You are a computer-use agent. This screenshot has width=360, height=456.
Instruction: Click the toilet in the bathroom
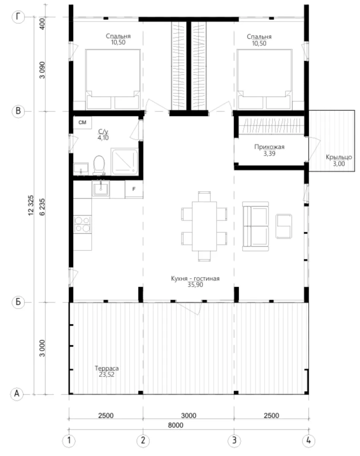click(99, 165)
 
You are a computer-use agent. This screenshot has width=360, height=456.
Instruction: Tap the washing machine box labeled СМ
click(82, 122)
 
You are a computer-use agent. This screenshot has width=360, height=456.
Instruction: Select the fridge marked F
click(134, 189)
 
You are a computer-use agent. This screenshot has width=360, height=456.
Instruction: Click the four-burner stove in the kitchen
click(82, 224)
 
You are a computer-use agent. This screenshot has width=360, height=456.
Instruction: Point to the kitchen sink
click(101, 189)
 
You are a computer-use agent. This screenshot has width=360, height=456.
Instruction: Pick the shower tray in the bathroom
click(125, 162)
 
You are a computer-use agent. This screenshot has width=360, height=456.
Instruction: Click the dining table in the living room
click(204, 226)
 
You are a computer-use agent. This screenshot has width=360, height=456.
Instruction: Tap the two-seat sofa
click(256, 226)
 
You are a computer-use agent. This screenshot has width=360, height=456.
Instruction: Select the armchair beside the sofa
click(284, 226)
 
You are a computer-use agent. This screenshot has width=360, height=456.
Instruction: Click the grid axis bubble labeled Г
click(18, 17)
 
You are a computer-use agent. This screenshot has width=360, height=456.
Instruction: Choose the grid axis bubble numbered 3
click(234, 440)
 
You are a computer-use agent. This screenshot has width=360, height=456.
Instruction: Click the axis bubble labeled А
click(17, 394)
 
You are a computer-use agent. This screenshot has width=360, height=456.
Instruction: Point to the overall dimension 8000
click(175, 425)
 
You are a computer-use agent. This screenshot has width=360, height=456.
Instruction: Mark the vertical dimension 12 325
click(31, 205)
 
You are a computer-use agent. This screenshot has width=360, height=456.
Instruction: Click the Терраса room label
click(107, 368)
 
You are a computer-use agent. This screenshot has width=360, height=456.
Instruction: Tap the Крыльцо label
click(339, 157)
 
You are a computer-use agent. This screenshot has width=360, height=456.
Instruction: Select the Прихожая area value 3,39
click(269, 154)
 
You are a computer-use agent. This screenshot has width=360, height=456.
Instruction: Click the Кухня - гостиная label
click(195, 278)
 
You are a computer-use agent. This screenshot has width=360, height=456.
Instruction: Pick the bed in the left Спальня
click(113, 79)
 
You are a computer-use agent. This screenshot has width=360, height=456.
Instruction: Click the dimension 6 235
click(42, 207)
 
